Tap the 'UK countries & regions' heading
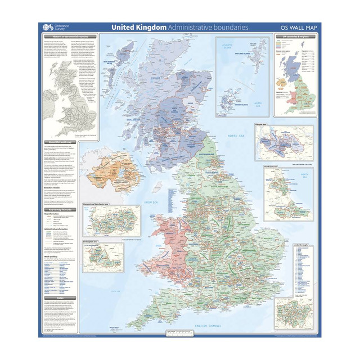coord(296,37)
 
